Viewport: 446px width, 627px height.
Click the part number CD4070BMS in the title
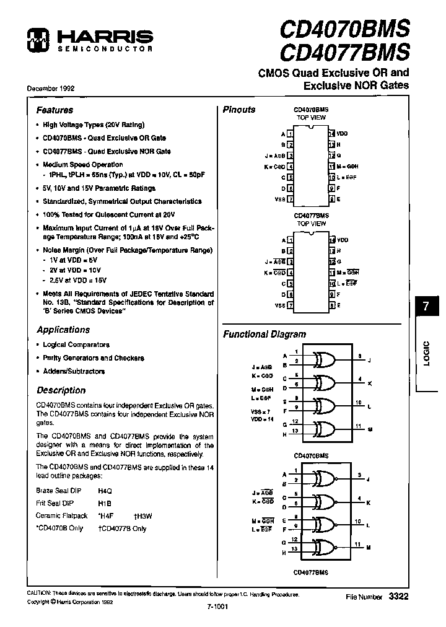click(x=344, y=27)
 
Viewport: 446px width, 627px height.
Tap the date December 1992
click(x=50, y=89)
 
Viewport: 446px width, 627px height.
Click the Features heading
click(x=55, y=110)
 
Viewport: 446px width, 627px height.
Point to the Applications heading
click(x=63, y=330)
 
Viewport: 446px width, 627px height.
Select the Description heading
click(x=61, y=390)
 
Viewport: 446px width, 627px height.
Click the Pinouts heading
click(x=239, y=110)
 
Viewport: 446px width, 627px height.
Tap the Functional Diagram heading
click(x=265, y=334)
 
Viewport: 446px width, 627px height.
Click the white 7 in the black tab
click(x=426, y=307)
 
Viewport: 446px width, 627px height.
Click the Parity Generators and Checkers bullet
click(x=93, y=358)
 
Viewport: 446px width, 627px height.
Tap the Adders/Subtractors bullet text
click(x=74, y=371)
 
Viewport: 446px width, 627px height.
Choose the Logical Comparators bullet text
click(x=76, y=344)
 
